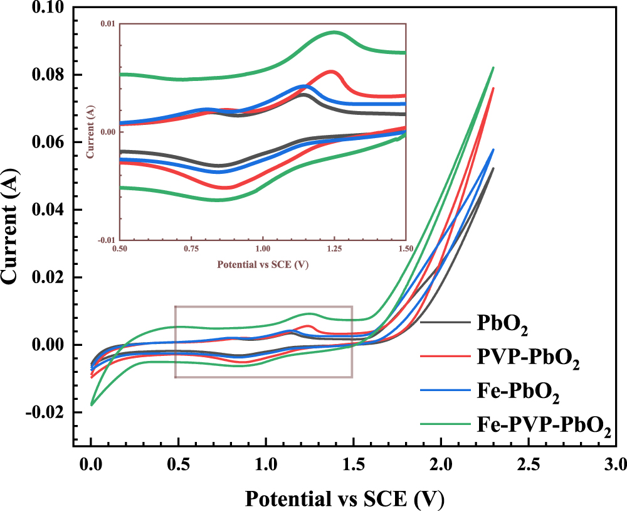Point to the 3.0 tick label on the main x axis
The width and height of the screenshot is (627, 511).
tap(615, 465)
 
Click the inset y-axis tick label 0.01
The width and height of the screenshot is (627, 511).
tap(108, 24)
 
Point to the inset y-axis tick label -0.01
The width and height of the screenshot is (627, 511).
tap(106, 240)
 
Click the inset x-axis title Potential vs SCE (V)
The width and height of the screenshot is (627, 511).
tap(263, 264)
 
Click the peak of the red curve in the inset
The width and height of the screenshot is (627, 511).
tap(330, 72)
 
